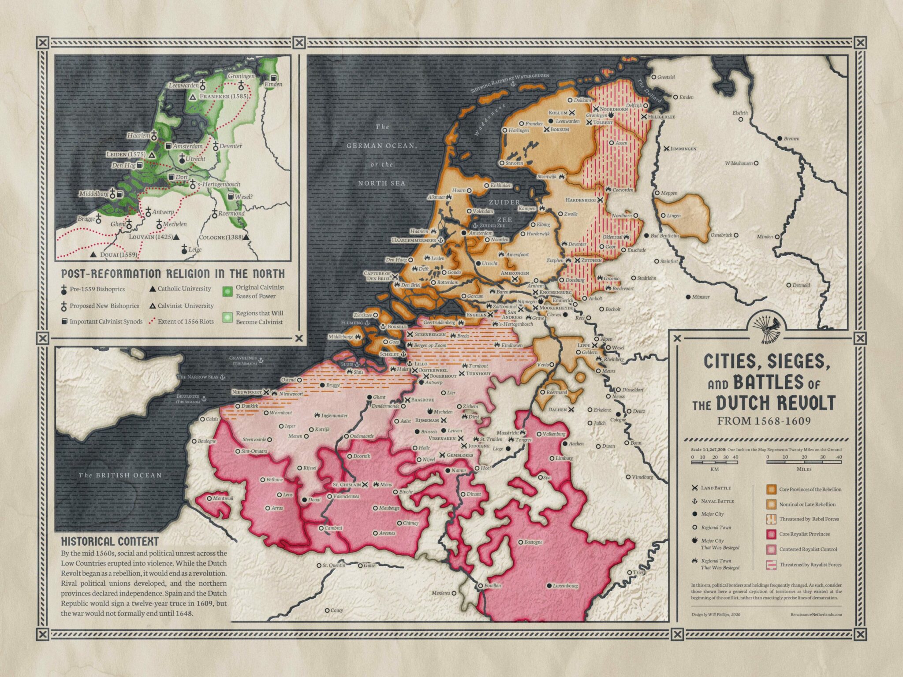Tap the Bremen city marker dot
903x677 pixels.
coord(780,138)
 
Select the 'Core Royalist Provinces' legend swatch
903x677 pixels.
coord(771,534)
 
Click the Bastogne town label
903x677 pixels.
coord(533,542)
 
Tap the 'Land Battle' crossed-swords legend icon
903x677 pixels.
coord(695,488)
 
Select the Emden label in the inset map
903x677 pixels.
coord(273,84)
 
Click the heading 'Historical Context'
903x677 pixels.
coord(109,542)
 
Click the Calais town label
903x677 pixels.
coord(212,419)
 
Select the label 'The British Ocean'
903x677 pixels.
coord(120,475)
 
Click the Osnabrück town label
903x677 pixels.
coord(721,235)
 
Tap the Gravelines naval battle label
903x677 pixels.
coord(243,358)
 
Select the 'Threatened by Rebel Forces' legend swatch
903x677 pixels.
coord(771,519)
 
